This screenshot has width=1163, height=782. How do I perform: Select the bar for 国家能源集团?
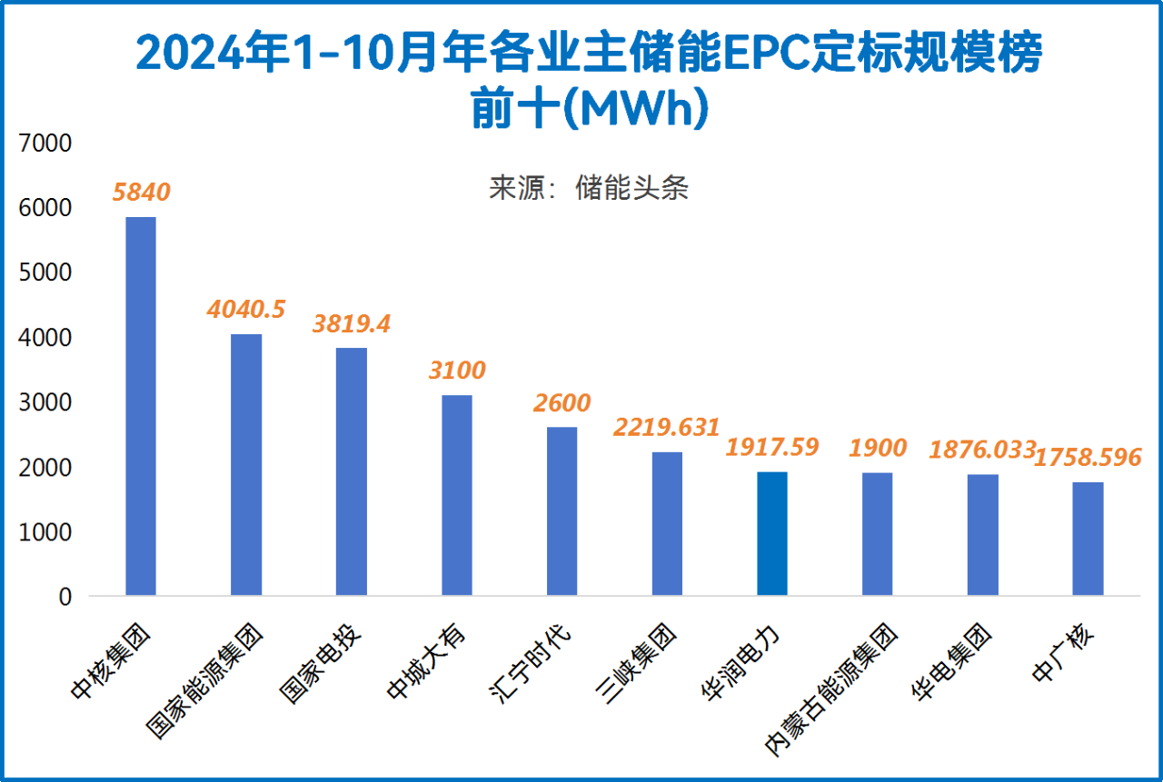[x=246, y=464]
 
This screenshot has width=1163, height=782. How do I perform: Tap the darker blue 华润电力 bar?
[x=771, y=533]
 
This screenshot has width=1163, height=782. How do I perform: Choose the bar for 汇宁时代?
[x=562, y=511]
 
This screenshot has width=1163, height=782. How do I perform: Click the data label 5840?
[x=141, y=192]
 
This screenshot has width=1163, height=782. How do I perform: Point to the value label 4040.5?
[x=246, y=309]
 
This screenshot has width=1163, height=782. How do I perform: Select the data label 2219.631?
[x=667, y=427]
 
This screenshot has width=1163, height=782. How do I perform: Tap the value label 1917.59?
[x=772, y=447]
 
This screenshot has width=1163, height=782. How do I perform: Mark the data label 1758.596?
[x=1088, y=458]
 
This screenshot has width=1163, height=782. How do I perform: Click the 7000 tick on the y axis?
[x=43, y=144]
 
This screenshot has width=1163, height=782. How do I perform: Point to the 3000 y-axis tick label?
[x=43, y=402]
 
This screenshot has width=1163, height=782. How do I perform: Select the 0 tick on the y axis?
[x=65, y=597]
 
